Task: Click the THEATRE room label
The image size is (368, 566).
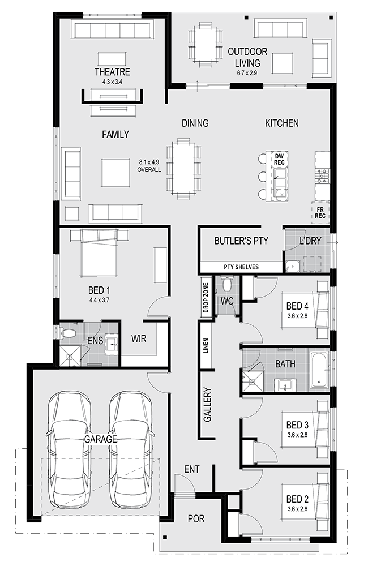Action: click(112, 72)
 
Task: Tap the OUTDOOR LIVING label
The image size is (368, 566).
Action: click(247, 57)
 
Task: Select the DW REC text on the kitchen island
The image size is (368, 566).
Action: click(279, 159)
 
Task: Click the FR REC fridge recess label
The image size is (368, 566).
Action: click(320, 213)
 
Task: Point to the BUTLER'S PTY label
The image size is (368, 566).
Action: click(241, 241)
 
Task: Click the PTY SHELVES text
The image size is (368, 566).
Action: click(241, 267)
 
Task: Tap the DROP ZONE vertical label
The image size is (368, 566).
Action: click(206, 298)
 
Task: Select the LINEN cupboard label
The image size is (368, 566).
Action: click(206, 345)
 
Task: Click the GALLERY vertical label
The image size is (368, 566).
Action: click(207, 405)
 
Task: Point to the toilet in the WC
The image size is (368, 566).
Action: click(227, 284)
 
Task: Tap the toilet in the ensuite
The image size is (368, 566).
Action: click(67, 332)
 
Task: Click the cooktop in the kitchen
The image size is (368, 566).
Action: click(322, 177)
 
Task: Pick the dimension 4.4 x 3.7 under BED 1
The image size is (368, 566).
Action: click(99, 299)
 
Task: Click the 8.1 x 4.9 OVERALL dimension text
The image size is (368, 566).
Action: click(149, 166)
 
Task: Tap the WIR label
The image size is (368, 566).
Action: click(139, 338)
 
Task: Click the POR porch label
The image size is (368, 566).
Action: click(196, 518)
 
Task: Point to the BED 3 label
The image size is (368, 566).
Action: click(297, 425)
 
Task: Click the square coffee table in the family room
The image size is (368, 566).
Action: click(115, 173)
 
